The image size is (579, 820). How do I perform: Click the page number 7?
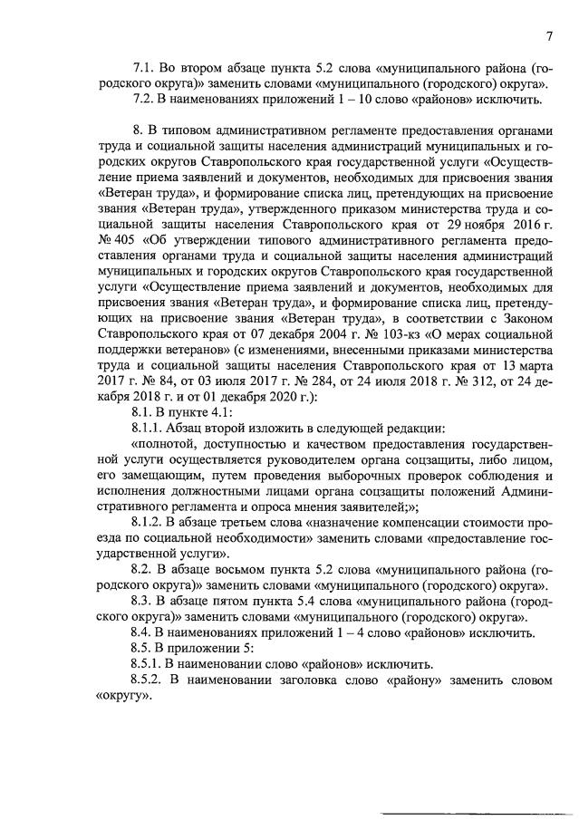click(x=549, y=36)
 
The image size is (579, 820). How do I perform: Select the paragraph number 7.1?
click(x=144, y=68)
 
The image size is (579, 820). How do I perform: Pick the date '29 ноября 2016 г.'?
click(x=489, y=225)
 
